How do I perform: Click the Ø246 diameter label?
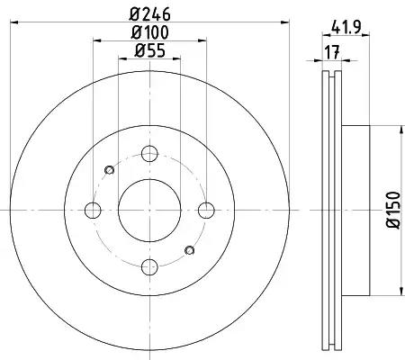coord(150,14)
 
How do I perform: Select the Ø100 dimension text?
coord(150,33)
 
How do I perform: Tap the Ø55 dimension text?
coord(150,51)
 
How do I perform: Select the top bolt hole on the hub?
coord(150,153)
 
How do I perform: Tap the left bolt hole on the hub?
coord(93,210)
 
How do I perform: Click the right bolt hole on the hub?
coord(208,210)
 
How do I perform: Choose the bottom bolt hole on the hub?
coord(150,266)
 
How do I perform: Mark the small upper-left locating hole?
coord(110,169)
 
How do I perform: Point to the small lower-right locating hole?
coord(190,250)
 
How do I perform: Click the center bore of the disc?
coord(150,210)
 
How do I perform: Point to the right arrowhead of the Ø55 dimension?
coord(177,59)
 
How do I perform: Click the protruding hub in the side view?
coord(355,210)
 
